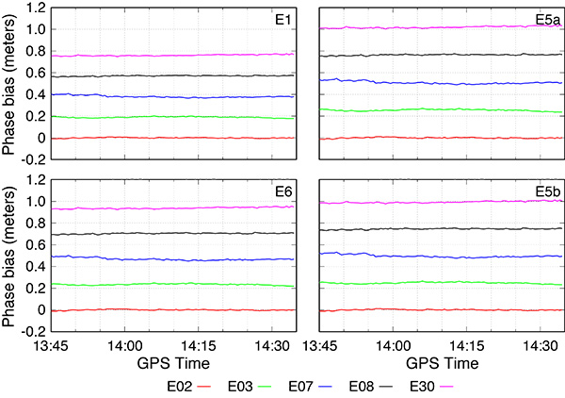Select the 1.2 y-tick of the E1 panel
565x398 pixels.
(34, 8)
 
